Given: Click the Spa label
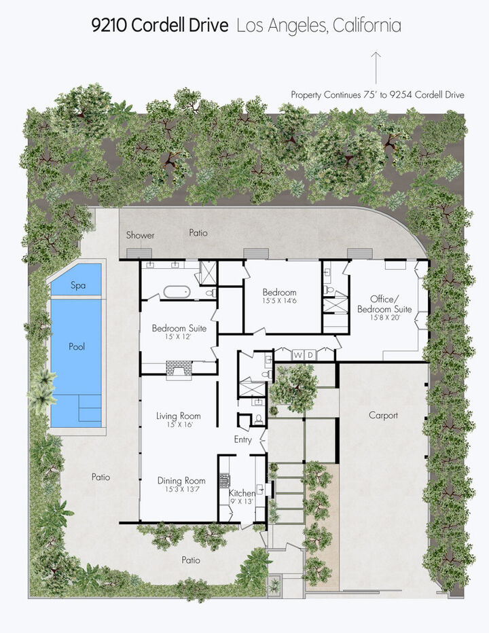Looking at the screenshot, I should [x=78, y=286].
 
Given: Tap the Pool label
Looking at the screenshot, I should [x=77, y=346].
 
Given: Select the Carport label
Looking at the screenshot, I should [x=383, y=415].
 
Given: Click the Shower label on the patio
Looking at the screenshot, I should [x=141, y=235].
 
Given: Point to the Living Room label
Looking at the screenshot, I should [x=178, y=416].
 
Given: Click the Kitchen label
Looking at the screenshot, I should [x=242, y=493].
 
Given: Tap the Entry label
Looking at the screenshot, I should [x=242, y=439].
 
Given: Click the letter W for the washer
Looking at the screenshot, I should [x=297, y=355].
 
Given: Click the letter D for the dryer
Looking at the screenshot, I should [x=310, y=355].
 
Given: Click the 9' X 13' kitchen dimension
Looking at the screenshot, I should [x=242, y=501].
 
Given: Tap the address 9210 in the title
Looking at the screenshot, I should [x=109, y=26].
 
